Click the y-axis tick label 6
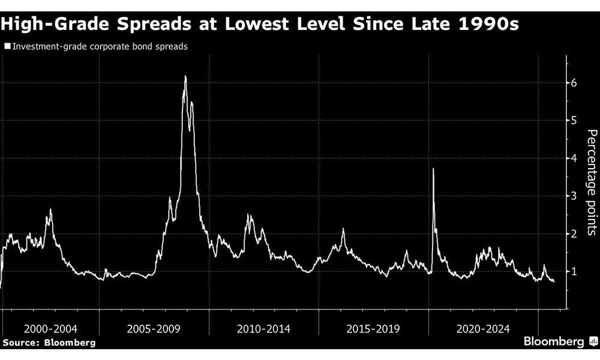coord(574,83)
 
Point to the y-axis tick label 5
coord(574,121)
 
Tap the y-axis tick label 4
coord(574,158)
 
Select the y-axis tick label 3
coord(574,196)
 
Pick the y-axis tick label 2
coord(574,234)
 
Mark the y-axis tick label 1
coord(574,272)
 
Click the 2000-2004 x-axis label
coord(51,329)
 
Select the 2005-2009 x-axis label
coord(155,329)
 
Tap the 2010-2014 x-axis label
coord(264,329)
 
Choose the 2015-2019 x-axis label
coord(373,329)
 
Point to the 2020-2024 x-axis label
coord(483,329)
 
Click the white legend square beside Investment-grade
coord(7,46)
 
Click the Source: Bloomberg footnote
coord(49,342)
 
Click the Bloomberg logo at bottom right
coord(560,341)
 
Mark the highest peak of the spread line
coord(185,76)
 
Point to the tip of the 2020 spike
coord(433,169)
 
